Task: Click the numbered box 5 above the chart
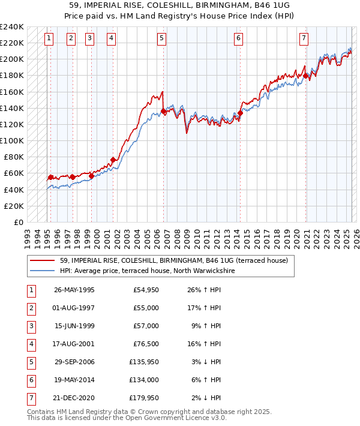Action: point(162,38)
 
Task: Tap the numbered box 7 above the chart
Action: point(304,38)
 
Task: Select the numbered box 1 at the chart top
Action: point(49,38)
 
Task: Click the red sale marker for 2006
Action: point(164,111)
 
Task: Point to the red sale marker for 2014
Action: point(240,113)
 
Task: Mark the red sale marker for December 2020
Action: point(306,76)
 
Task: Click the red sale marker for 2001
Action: point(113,160)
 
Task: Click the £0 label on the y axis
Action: point(19,222)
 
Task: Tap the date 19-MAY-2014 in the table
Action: point(74,380)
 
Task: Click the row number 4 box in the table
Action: point(31,344)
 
